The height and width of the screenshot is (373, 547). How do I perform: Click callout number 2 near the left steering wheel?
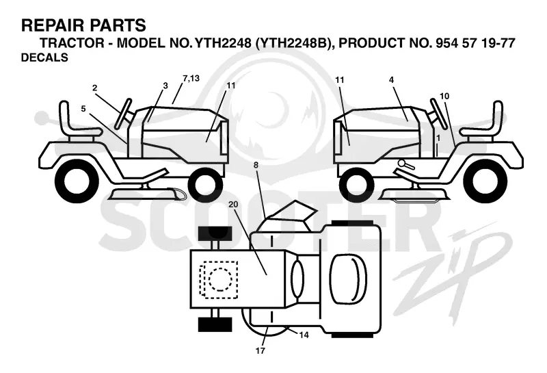(x=94, y=88)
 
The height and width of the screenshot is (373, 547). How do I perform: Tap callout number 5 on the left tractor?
(x=83, y=109)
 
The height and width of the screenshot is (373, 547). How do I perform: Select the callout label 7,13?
(x=191, y=78)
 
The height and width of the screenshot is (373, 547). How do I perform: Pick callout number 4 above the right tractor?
(x=391, y=80)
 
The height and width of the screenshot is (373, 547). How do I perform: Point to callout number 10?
(x=444, y=96)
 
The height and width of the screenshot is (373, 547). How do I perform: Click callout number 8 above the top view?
(x=256, y=165)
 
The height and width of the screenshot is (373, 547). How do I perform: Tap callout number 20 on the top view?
(x=233, y=205)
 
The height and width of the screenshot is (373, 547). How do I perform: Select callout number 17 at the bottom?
(x=261, y=350)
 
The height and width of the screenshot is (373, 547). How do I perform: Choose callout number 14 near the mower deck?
(x=304, y=335)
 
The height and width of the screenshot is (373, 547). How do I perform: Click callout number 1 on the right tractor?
(x=438, y=138)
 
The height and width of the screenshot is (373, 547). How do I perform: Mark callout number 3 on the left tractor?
(x=165, y=86)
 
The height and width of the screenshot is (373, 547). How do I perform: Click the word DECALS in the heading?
(x=44, y=57)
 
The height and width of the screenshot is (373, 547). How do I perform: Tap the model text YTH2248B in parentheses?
(x=293, y=43)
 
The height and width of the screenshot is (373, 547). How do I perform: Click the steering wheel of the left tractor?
(x=124, y=114)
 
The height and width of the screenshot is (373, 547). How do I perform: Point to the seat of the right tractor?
(x=483, y=123)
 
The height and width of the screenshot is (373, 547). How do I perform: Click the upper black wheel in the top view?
(x=215, y=233)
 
